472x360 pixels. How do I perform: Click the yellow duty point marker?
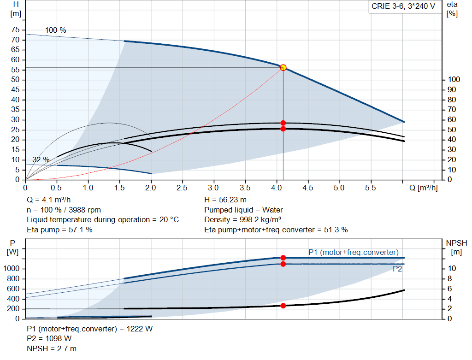[283, 67]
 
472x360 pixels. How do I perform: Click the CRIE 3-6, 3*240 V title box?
[403, 6]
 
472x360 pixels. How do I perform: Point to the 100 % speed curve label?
[55, 30]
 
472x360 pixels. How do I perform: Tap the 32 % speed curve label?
[41, 159]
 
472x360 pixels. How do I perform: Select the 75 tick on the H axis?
[15, 30]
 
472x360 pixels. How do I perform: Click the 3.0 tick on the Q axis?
[213, 188]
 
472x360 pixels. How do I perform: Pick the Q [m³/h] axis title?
[423, 188]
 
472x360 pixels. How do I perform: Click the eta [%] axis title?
[452, 9]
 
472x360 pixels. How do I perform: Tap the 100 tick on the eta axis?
[454, 79]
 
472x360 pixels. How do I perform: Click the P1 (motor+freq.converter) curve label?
[354, 252]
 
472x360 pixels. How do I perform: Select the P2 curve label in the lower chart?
[397, 269]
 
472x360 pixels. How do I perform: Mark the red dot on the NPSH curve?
[283, 306]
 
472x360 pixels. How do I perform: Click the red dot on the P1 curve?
[283, 258]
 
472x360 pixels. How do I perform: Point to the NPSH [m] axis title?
[456, 248]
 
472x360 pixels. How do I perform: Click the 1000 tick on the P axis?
[11, 268]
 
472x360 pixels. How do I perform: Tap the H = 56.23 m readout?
[225, 200]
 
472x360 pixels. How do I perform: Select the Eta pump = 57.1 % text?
[59, 230]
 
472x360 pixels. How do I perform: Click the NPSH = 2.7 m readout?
[52, 348]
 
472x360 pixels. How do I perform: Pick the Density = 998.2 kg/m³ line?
[242, 220]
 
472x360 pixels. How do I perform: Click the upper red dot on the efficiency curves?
[283, 123]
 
